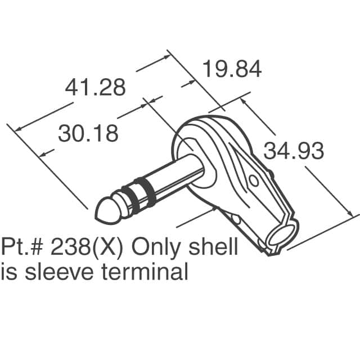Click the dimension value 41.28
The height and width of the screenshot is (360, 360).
click(x=95, y=88)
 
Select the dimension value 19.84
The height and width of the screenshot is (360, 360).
click(x=232, y=70)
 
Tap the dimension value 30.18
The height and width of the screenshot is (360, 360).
click(x=88, y=133)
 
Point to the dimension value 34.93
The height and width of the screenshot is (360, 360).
click(x=294, y=152)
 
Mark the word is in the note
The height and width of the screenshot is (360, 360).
click(x=9, y=272)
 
